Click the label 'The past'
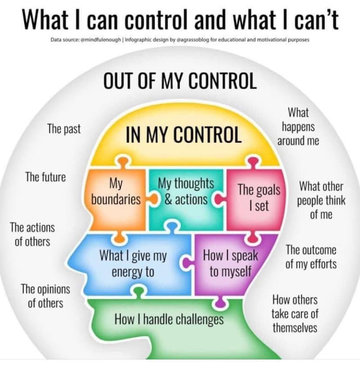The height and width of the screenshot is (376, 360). point(64,129)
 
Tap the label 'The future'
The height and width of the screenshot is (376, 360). point(46,177)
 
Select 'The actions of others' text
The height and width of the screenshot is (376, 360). point(32,234)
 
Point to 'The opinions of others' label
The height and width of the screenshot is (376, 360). point(46,296)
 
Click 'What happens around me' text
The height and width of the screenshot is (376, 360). point(298,126)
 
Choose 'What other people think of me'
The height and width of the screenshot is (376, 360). point(321,200)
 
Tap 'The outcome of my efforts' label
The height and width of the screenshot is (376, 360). point(311,257)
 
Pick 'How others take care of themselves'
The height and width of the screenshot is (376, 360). point(295,314)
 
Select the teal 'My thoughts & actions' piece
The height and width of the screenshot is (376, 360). point(186,199)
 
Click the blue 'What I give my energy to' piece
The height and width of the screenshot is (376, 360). point(133,264)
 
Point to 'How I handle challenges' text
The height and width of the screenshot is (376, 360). point(169,319)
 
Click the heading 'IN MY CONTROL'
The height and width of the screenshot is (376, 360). point(184,134)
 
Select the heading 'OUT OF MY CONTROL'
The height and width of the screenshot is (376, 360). point(180,81)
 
